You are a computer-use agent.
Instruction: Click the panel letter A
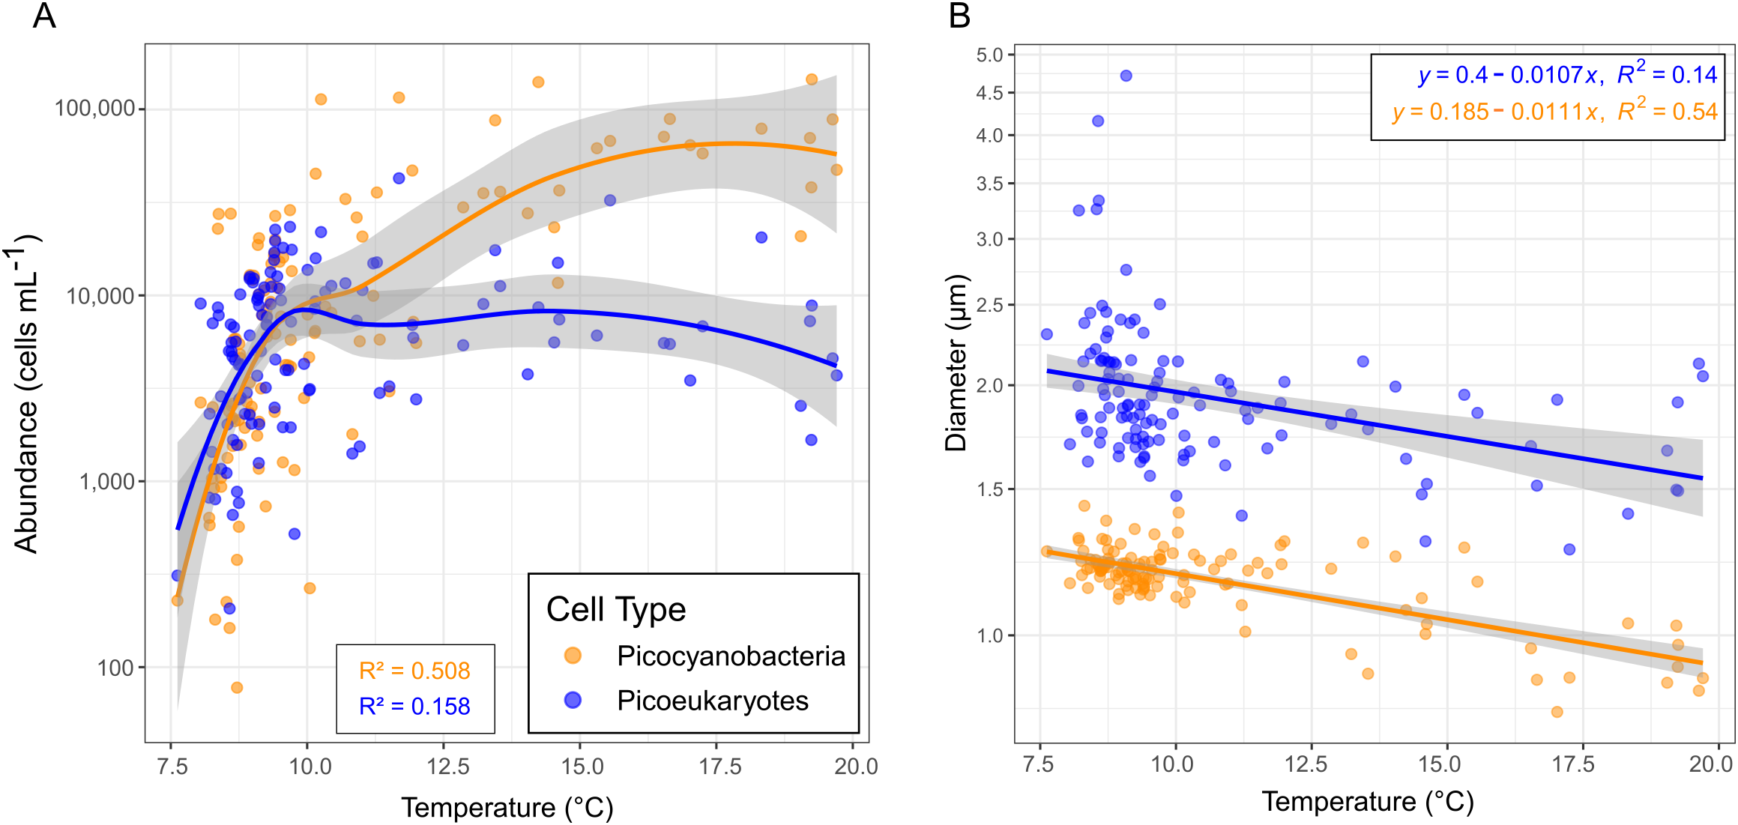pyautogui.click(x=44, y=16)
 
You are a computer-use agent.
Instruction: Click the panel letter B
pyautogui.click(x=959, y=16)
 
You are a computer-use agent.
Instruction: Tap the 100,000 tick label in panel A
pyautogui.click(x=94, y=108)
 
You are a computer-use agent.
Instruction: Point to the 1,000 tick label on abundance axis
pyautogui.click(x=108, y=481)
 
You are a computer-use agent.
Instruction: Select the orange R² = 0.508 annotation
pyautogui.click(x=414, y=671)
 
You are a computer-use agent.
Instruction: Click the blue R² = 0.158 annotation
pyautogui.click(x=414, y=706)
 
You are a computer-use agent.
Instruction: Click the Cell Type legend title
pyautogui.click(x=616, y=609)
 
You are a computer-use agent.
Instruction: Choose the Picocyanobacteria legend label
pyautogui.click(x=731, y=656)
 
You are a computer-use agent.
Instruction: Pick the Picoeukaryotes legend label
pyautogui.click(x=713, y=701)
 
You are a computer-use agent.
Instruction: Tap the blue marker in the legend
pyautogui.click(x=573, y=700)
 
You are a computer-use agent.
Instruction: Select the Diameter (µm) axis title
pyautogui.click(x=956, y=363)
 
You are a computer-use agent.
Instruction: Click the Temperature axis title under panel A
pyautogui.click(x=507, y=807)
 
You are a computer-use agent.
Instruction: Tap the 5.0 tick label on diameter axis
pyautogui.click(x=989, y=55)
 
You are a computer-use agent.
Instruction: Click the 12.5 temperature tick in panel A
pyautogui.click(x=447, y=766)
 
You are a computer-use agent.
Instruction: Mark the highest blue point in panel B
pyautogui.click(x=1126, y=76)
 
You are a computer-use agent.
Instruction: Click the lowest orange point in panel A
pyautogui.click(x=237, y=687)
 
